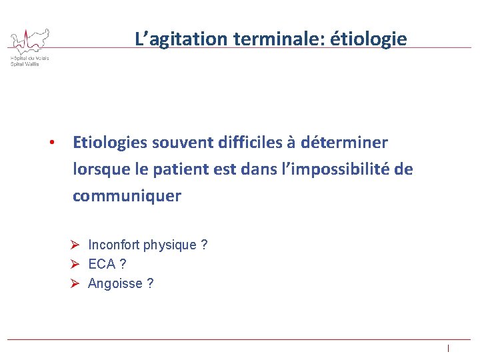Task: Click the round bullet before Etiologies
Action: coord(51,143)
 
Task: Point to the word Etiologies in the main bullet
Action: coord(109,143)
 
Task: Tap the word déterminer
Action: coord(344,143)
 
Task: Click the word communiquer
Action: coord(127,197)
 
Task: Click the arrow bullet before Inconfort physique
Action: coord(77,245)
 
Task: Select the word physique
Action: coord(171,245)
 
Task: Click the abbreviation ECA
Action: coord(102,265)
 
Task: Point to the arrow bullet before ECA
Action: coord(77,265)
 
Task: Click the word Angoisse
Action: coord(115,284)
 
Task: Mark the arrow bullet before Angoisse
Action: coord(77,284)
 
